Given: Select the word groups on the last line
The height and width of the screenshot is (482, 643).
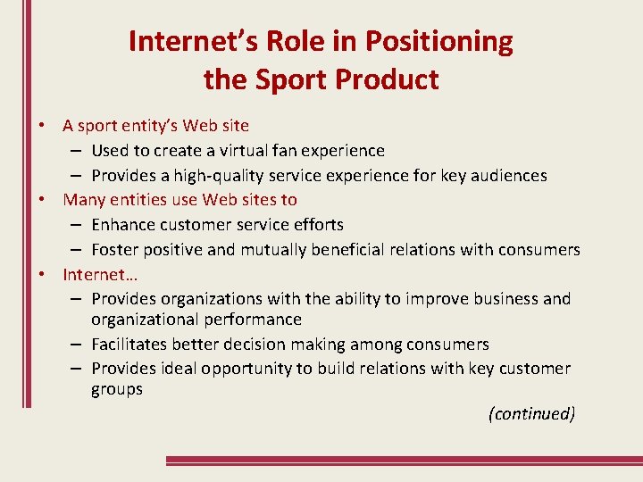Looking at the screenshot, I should (117, 390).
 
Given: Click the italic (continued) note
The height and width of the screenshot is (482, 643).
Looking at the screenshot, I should (532, 414).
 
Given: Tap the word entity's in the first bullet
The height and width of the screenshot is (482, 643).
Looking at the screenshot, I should (154, 126).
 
